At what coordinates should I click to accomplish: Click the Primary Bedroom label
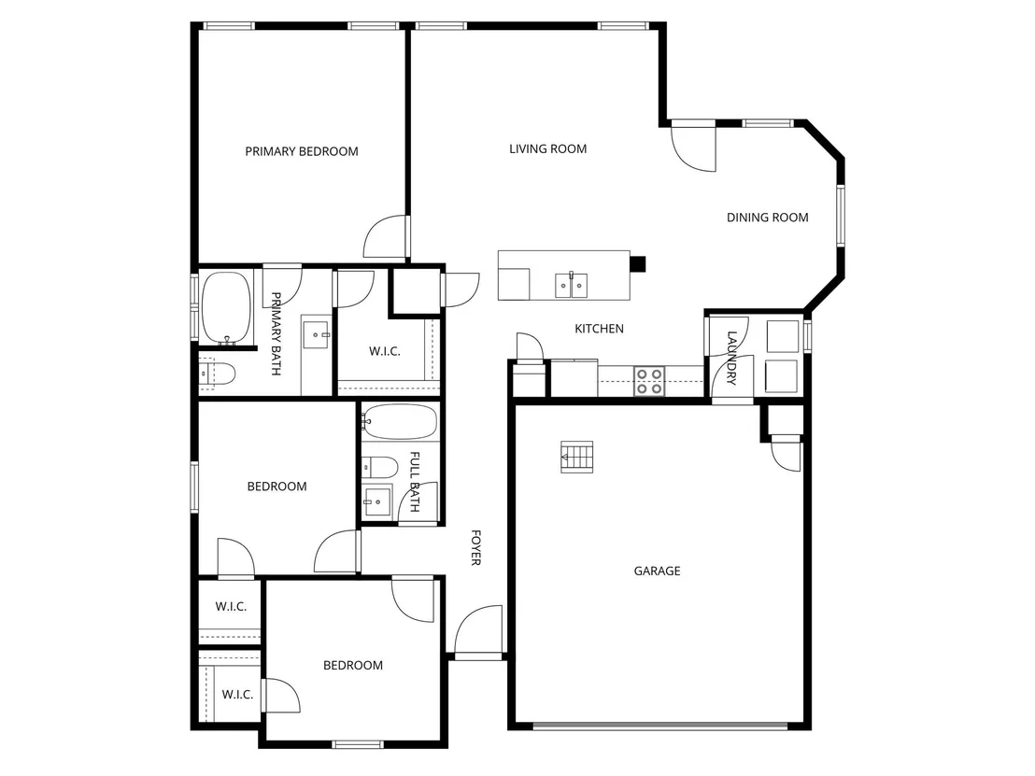[x=302, y=151]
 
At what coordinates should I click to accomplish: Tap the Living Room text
[x=548, y=148]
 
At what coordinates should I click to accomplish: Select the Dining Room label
[x=767, y=217]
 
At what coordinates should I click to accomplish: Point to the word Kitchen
[x=599, y=328]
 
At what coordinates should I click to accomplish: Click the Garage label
[x=657, y=571]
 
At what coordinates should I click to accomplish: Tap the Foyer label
[x=475, y=547]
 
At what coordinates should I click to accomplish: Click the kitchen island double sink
[x=571, y=285]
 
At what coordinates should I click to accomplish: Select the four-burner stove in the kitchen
[x=649, y=381]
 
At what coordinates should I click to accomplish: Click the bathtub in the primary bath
[x=226, y=308]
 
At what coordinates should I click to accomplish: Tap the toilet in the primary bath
[x=217, y=374]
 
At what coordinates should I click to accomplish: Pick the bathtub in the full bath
[x=400, y=422]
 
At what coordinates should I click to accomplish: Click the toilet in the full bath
[x=379, y=468]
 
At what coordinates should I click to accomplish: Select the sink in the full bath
[x=376, y=501]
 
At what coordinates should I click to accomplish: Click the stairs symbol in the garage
[x=577, y=457]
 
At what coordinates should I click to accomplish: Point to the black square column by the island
[x=637, y=264]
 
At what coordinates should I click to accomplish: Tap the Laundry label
[x=731, y=358]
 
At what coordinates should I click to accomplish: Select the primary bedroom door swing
[x=385, y=236]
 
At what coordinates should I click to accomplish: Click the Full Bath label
[x=415, y=481]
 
